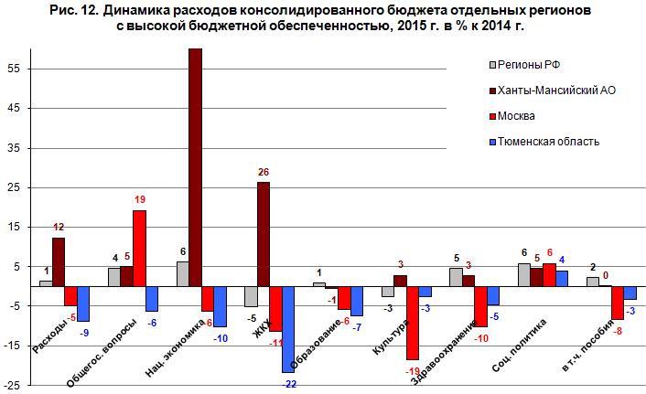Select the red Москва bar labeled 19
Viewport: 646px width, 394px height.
click(x=139, y=248)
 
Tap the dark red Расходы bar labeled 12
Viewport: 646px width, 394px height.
click(x=59, y=262)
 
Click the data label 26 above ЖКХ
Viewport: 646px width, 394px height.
click(x=264, y=172)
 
